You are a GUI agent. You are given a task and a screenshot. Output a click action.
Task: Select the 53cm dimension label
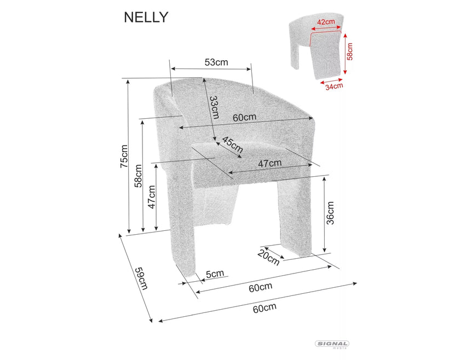point(216,62)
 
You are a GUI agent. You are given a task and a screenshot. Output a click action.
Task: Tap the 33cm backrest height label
point(214,108)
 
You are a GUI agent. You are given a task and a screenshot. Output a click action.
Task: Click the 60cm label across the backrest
point(244,118)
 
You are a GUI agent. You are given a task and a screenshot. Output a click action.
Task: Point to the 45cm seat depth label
point(232,145)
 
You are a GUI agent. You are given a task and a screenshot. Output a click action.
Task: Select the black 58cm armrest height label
point(138,175)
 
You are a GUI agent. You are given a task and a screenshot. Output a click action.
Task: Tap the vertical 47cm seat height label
point(152,197)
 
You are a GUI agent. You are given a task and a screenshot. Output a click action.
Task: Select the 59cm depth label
point(141,278)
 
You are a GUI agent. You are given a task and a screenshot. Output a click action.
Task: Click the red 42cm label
point(326,22)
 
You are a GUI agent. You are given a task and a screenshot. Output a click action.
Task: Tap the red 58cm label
point(350,51)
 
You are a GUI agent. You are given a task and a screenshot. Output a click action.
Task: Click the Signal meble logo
point(332,345)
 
